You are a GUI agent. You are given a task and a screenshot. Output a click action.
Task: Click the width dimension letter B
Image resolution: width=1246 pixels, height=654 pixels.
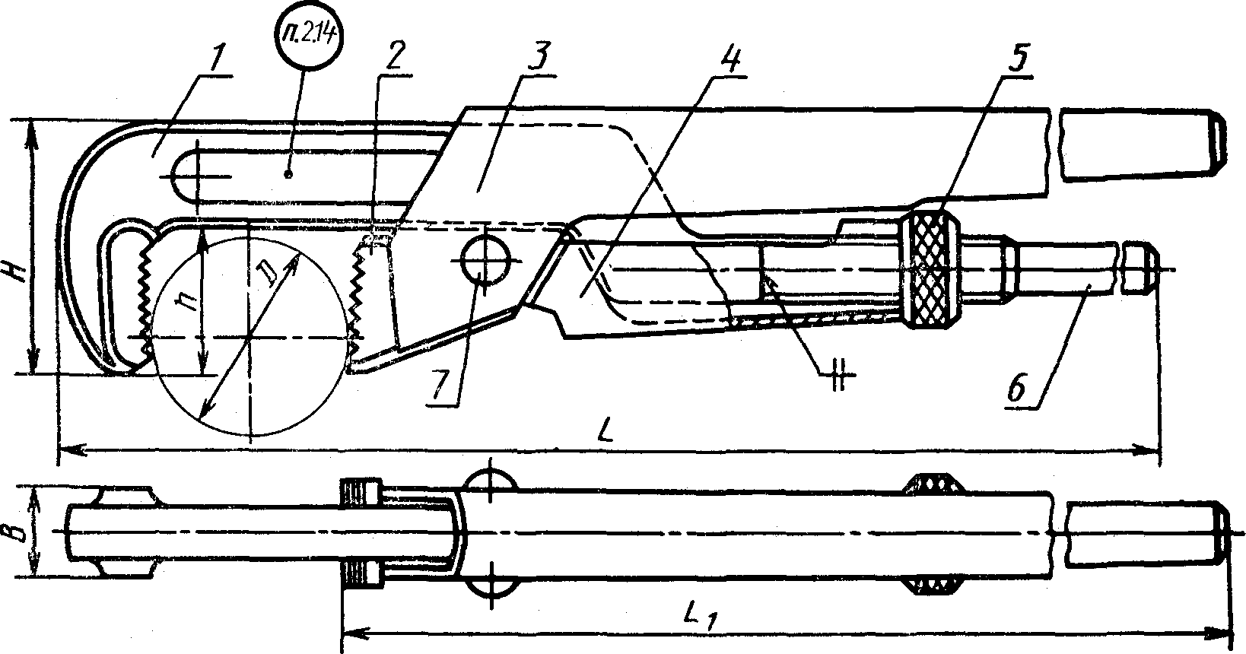click(23, 530)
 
